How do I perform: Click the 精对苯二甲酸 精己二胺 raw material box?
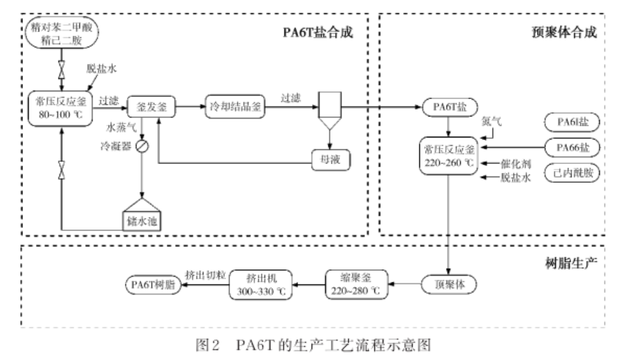click(62, 32)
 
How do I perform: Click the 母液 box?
click(329, 162)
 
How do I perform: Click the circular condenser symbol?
click(143, 147)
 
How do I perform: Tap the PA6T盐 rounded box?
click(448, 107)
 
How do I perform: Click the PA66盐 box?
click(571, 148)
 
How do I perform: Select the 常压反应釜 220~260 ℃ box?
click(448, 156)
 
